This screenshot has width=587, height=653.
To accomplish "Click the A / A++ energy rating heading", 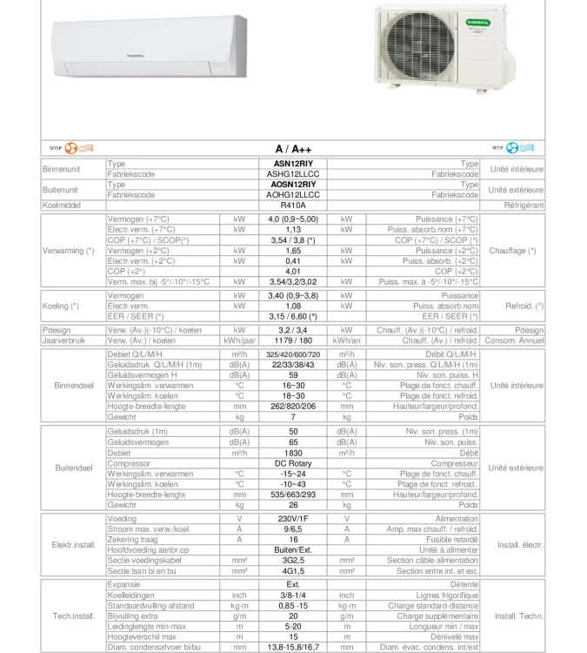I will [293, 150].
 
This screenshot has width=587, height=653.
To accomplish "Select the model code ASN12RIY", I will [293, 164].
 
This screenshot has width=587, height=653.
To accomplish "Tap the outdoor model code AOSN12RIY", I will [293, 185].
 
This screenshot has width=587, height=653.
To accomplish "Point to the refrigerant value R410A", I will [293, 205].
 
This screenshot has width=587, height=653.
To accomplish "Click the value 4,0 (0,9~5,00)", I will [293, 219].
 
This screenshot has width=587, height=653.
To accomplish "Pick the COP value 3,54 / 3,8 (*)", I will [293, 240].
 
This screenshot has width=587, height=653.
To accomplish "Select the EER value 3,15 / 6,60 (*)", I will [293, 317].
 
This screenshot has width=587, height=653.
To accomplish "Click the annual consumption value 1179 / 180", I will [293, 341].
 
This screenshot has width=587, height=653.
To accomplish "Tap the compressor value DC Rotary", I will [293, 464].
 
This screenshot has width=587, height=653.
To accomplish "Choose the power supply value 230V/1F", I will [293, 519].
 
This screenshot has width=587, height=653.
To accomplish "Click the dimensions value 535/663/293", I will [293, 495].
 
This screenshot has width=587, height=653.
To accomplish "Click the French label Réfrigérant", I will [524, 205].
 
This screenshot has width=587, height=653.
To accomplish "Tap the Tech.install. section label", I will [73, 616].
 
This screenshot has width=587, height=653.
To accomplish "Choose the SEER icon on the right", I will [519, 148].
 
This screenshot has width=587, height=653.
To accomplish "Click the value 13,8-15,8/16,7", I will [293, 647].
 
